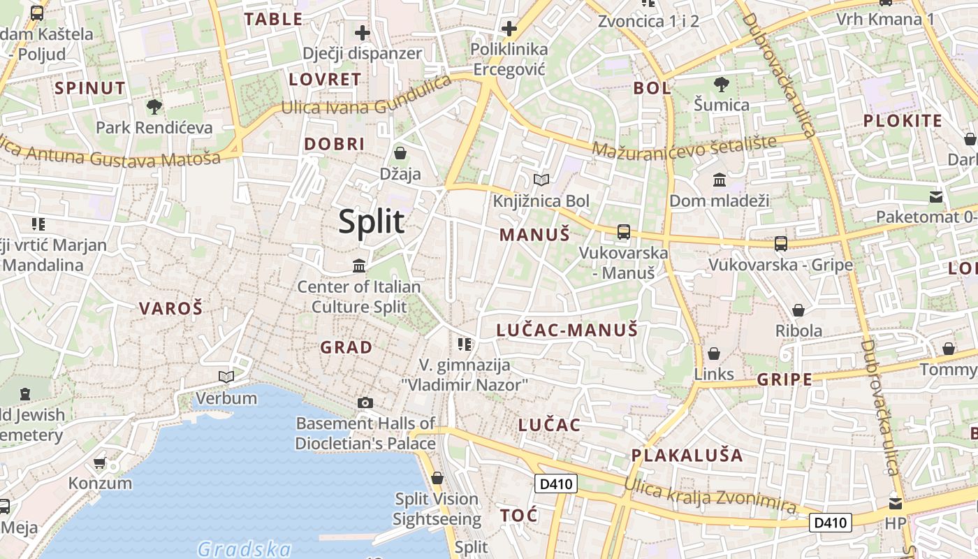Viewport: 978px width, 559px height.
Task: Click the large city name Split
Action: click(x=371, y=222)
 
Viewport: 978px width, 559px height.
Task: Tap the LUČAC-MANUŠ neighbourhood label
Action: click(x=567, y=330)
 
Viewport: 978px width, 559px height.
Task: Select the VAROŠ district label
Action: click(x=170, y=308)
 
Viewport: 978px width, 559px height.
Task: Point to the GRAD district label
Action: click(x=346, y=347)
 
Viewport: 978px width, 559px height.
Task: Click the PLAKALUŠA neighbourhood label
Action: click(x=687, y=455)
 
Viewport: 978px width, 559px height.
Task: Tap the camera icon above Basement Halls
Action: click(x=365, y=402)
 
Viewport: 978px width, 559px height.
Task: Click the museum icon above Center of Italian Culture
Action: click(x=359, y=266)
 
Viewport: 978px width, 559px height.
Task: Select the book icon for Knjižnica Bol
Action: click(x=541, y=180)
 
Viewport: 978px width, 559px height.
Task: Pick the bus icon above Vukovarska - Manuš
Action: click(x=623, y=232)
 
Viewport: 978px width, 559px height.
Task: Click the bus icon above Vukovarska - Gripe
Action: click(x=780, y=244)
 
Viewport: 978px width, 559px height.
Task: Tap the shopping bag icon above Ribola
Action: click(x=798, y=310)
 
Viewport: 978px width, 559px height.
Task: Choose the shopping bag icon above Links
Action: click(x=713, y=354)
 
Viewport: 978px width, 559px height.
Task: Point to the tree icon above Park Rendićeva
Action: click(x=154, y=107)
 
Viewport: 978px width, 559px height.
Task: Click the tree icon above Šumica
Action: click(x=721, y=85)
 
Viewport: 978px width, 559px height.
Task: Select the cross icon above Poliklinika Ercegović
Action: click(x=509, y=29)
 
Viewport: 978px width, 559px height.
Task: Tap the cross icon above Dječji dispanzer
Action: click(x=362, y=32)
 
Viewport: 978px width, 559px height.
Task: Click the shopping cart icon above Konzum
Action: click(x=99, y=463)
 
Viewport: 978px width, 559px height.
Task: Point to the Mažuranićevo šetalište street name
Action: click(x=684, y=146)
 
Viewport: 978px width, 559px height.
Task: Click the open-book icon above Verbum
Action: click(x=226, y=377)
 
